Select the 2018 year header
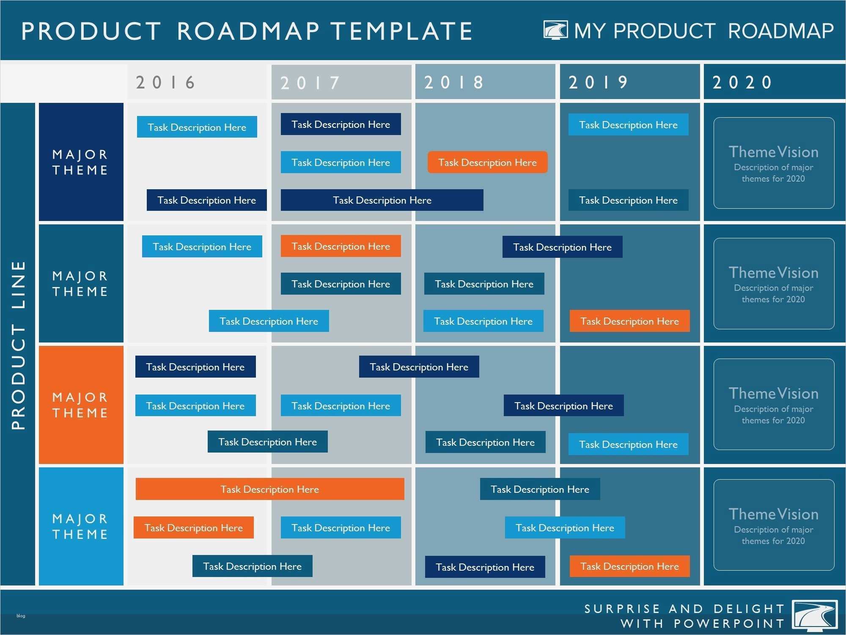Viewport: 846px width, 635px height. click(x=454, y=82)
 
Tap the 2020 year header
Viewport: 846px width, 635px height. click(x=742, y=82)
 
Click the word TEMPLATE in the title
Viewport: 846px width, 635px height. click(x=401, y=31)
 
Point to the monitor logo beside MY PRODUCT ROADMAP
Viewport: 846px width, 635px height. click(x=555, y=30)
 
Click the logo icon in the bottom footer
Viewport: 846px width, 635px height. click(x=815, y=616)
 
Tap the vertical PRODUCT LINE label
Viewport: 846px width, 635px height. click(x=19, y=345)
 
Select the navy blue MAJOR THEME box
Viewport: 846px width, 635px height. click(x=81, y=162)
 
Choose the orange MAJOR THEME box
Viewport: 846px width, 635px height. click(x=81, y=405)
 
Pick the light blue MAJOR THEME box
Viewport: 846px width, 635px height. click(x=81, y=526)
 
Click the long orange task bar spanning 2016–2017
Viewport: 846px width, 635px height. click(x=270, y=489)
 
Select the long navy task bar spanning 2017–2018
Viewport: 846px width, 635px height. click(x=382, y=200)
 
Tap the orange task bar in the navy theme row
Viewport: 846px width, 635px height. click(x=487, y=162)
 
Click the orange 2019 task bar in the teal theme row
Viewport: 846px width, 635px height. click(x=629, y=321)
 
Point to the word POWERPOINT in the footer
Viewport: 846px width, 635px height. click(x=729, y=624)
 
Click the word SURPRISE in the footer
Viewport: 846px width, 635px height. click(x=622, y=609)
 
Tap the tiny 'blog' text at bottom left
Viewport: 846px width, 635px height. click(x=21, y=616)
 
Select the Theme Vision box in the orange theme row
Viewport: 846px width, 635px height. click(x=774, y=404)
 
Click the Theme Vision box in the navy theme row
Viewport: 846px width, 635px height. click(x=774, y=163)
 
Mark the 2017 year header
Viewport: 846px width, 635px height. click(x=310, y=83)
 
